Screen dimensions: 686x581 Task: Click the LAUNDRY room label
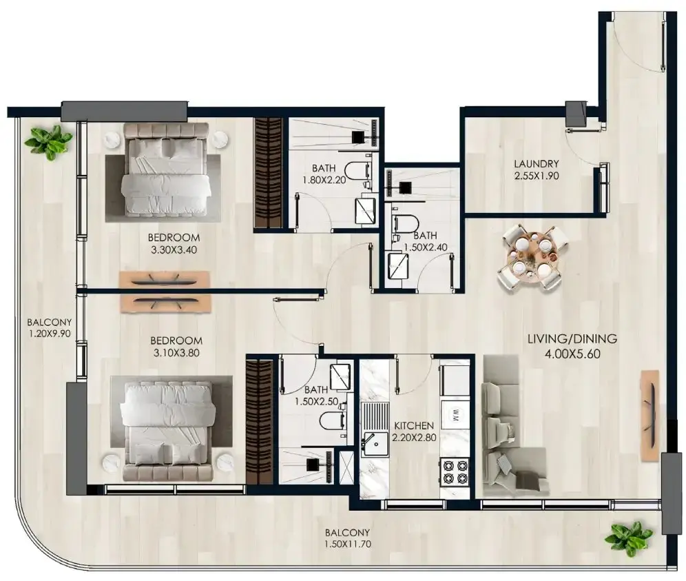pos(537,164)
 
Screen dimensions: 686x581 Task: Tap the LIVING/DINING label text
pos(572,338)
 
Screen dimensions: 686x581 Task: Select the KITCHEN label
pos(414,425)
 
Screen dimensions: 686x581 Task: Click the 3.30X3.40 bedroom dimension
pos(174,250)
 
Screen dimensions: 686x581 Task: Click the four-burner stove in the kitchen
pos(455,472)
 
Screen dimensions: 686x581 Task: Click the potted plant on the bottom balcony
pos(628,537)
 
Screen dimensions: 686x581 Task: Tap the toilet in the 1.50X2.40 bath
pos(406,224)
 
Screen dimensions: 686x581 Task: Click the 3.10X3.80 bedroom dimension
pos(176,353)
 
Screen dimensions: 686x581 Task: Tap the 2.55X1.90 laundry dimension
pos(537,176)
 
